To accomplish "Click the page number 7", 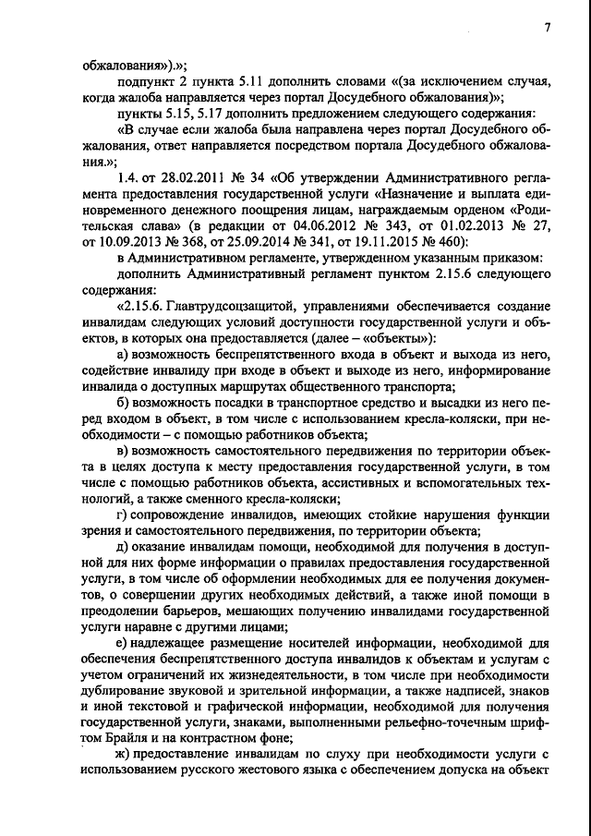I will [547, 29].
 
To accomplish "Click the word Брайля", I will [127, 738].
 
